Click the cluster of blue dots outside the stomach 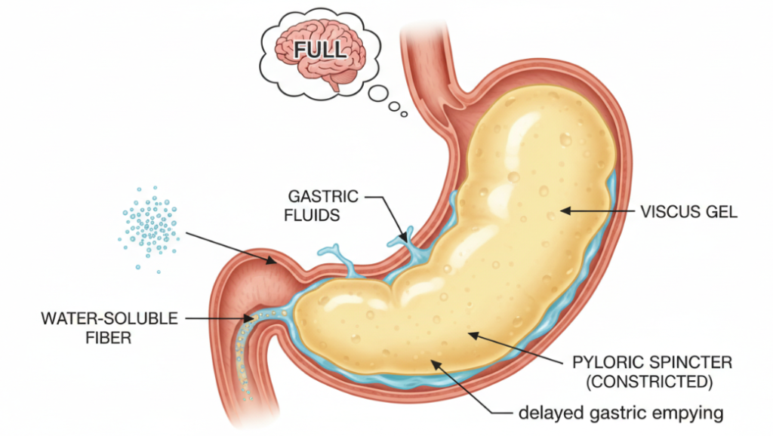tap(148, 225)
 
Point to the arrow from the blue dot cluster tap(230, 248)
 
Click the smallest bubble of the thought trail tap(404, 114)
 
